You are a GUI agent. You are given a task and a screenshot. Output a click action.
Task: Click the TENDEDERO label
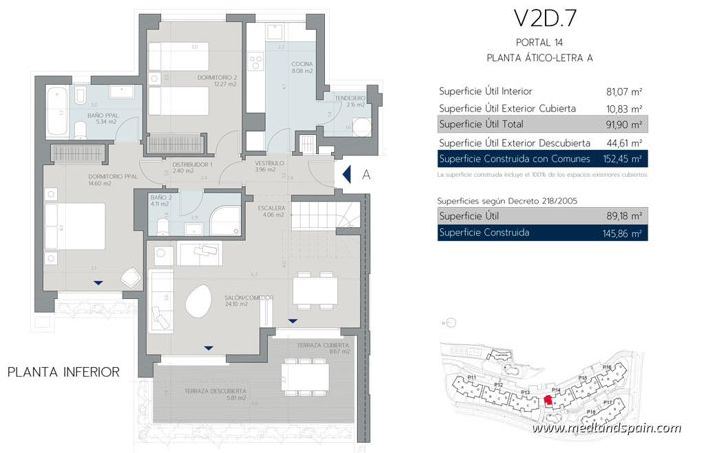[349, 101]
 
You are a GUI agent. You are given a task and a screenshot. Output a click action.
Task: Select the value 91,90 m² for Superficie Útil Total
[623, 125]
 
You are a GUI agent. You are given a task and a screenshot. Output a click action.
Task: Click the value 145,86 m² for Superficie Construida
[623, 233]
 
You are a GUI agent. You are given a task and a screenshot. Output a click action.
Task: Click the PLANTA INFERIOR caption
[64, 372]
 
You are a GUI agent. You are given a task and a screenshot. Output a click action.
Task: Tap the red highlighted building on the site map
[547, 401]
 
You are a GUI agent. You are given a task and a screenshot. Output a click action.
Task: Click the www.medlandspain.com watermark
[606, 429]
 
